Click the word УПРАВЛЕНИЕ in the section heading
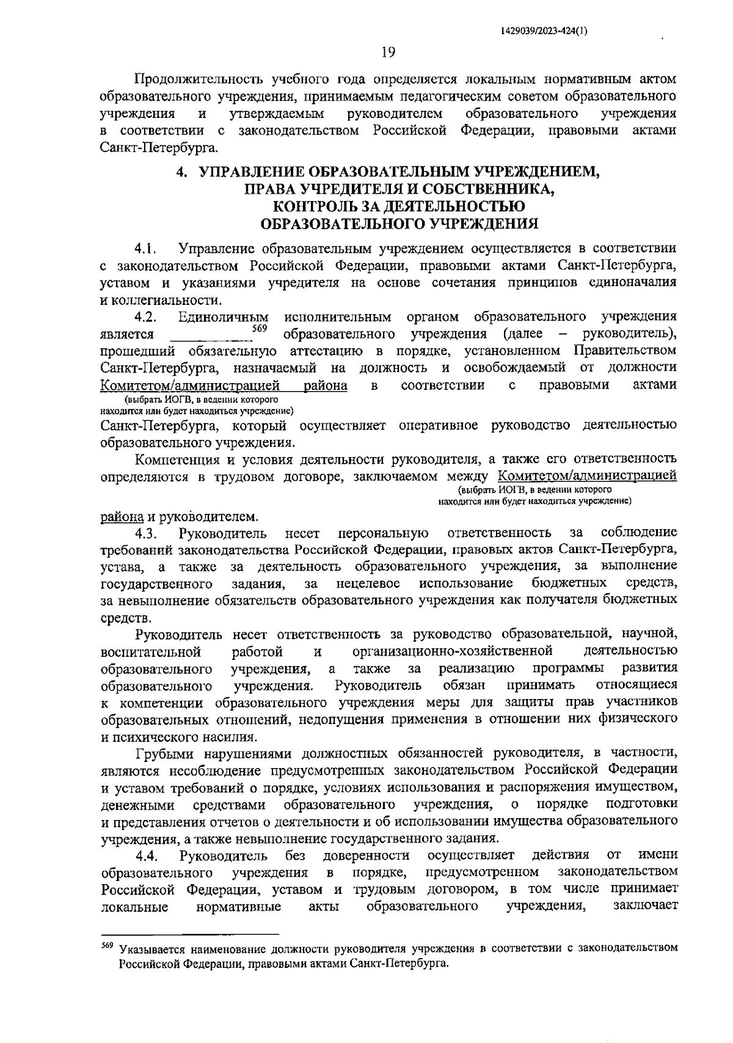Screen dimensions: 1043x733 (x=251, y=173)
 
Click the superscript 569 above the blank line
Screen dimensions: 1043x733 (x=260, y=329)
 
